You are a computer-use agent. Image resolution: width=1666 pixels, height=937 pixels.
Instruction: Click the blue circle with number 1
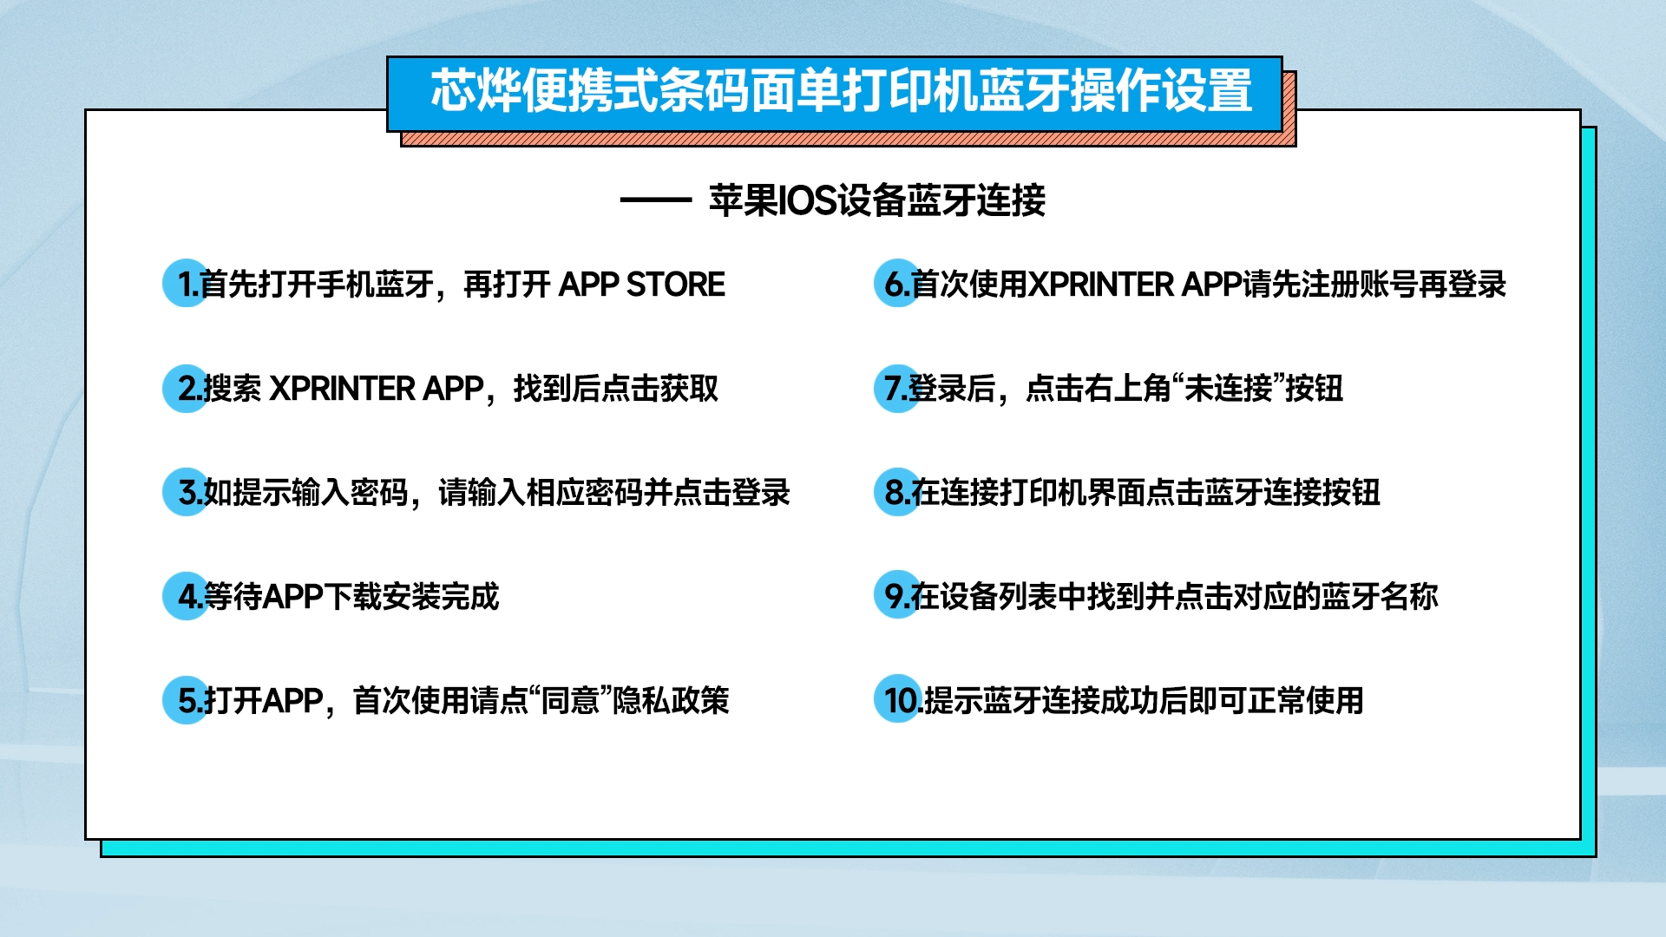click(186, 283)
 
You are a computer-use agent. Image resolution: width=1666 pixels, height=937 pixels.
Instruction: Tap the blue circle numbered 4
click(186, 595)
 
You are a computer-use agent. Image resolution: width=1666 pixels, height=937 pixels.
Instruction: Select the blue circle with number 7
click(897, 388)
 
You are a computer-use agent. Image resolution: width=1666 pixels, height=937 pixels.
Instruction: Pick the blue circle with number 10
click(897, 699)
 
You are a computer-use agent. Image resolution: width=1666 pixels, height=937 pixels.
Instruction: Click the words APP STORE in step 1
click(642, 285)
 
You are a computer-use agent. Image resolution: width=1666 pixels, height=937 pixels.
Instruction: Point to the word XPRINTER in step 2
click(343, 389)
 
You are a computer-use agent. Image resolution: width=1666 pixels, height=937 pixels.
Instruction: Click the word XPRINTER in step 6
click(1101, 285)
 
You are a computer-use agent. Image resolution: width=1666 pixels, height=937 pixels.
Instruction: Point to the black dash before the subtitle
click(655, 200)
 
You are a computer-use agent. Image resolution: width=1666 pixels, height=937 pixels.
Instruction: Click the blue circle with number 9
click(897, 595)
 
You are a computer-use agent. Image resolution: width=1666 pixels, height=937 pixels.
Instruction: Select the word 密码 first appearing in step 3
click(379, 493)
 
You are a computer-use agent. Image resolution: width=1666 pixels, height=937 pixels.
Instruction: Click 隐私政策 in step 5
click(672, 700)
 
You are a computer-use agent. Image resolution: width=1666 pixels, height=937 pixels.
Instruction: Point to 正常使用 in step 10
click(1306, 700)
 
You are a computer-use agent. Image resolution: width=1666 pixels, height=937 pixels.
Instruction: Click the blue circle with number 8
click(897, 492)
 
